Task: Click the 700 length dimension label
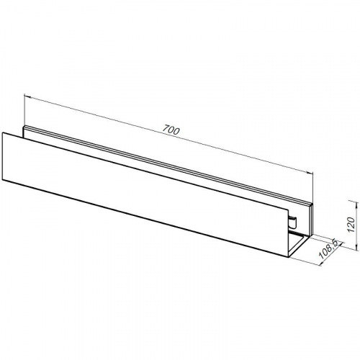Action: click(x=171, y=131)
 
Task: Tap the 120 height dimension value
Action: click(x=351, y=224)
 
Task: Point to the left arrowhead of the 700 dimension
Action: click(x=27, y=96)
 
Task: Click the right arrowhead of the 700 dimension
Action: click(x=310, y=172)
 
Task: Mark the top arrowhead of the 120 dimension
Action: click(x=354, y=202)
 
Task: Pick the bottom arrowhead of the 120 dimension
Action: click(x=354, y=248)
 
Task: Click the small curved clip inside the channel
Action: click(x=293, y=222)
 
